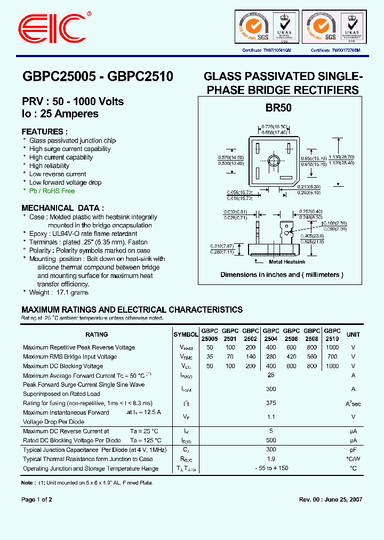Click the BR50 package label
[278, 107]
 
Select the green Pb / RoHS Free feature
[52, 191]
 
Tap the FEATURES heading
[44, 131]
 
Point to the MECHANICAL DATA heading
[62, 208]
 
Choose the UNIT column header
[353, 335]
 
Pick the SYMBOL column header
[186, 335]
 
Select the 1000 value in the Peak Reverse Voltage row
[332, 347]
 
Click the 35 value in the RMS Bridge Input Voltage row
[210, 357]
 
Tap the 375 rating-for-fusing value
[271, 403]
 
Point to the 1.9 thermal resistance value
[271, 459]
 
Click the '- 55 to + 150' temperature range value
[271, 468]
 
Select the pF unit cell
[353, 450]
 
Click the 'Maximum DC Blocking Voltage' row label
[63, 366]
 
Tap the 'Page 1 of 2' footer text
[37, 499]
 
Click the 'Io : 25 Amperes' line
[60, 114]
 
